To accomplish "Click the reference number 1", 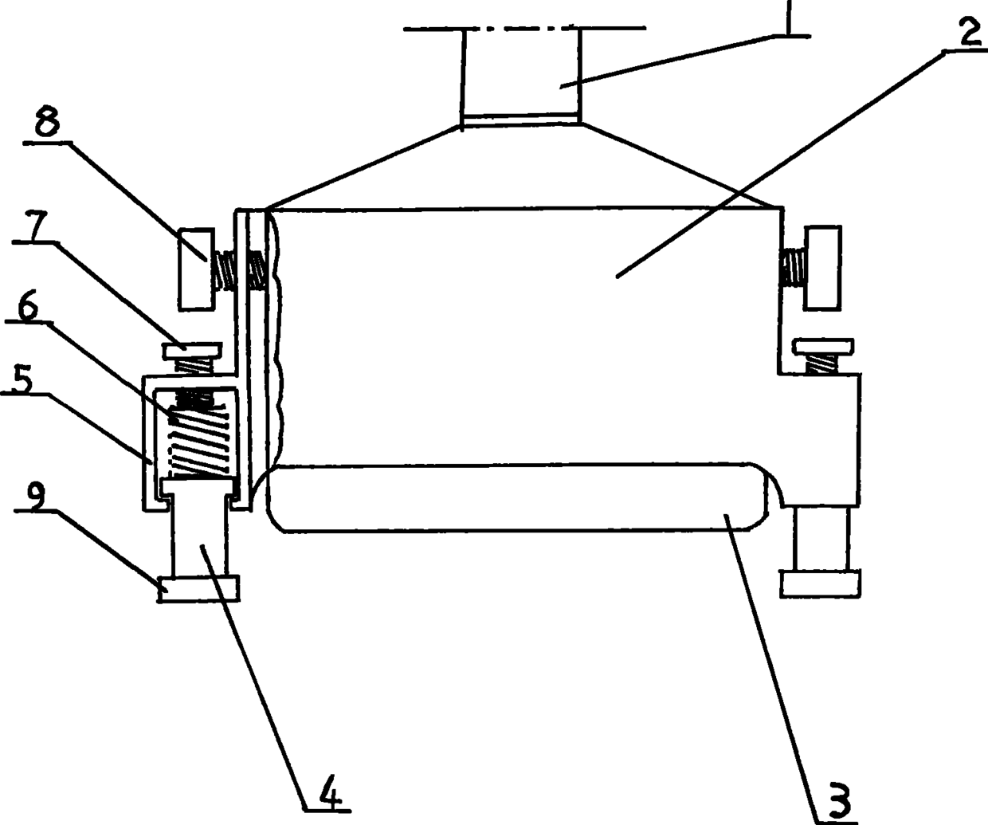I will (788, 18).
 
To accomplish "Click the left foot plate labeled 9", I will (199, 589).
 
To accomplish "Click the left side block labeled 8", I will (195, 269).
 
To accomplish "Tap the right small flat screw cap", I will (823, 345).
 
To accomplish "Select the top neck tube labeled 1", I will (521, 76).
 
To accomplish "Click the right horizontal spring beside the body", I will (792, 268).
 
